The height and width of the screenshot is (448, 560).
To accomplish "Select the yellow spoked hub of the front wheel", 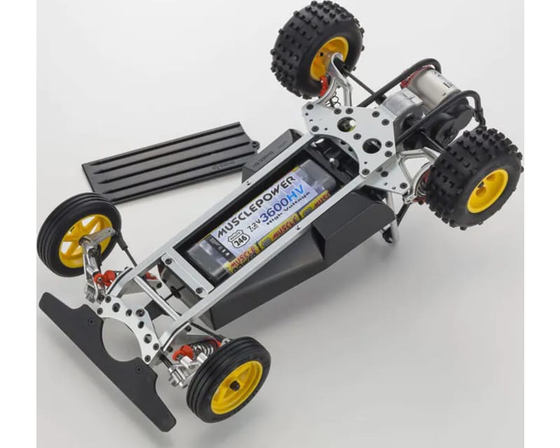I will point(77,241).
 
